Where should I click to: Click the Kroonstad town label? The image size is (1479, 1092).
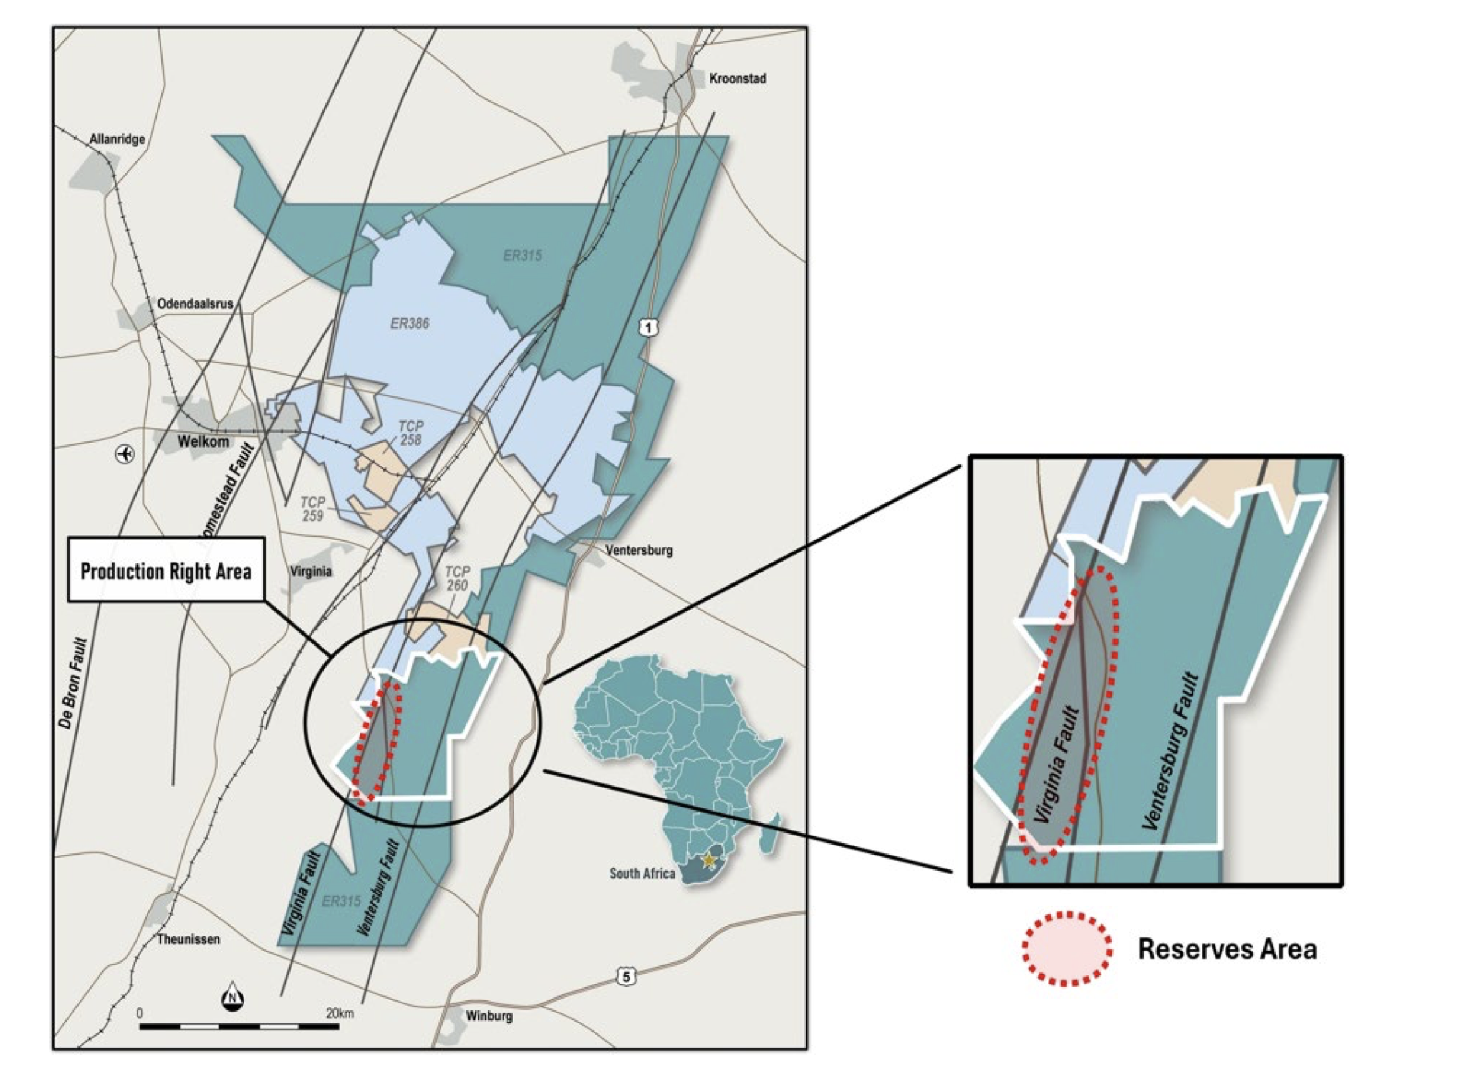coord(737,79)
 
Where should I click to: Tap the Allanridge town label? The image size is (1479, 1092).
coord(117,140)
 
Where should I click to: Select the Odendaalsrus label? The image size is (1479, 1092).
coord(195,304)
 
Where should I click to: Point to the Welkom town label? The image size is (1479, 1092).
coord(203,441)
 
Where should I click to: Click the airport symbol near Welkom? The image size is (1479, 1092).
coord(124,454)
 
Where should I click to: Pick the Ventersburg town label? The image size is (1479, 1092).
coord(638,550)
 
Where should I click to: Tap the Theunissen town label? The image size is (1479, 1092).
coord(188,939)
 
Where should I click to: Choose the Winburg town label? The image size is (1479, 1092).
coord(489,1015)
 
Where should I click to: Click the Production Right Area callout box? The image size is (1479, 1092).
coord(166,570)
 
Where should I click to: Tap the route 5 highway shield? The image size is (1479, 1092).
coord(626,975)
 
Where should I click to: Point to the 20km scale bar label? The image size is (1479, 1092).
coord(340,1013)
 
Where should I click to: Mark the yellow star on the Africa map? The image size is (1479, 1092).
coord(709,860)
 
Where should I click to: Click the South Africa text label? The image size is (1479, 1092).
coord(642,873)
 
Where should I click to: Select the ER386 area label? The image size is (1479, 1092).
coord(409,323)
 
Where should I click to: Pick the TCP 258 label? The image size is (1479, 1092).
coord(410,433)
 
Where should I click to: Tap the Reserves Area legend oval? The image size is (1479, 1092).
coord(1066,949)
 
